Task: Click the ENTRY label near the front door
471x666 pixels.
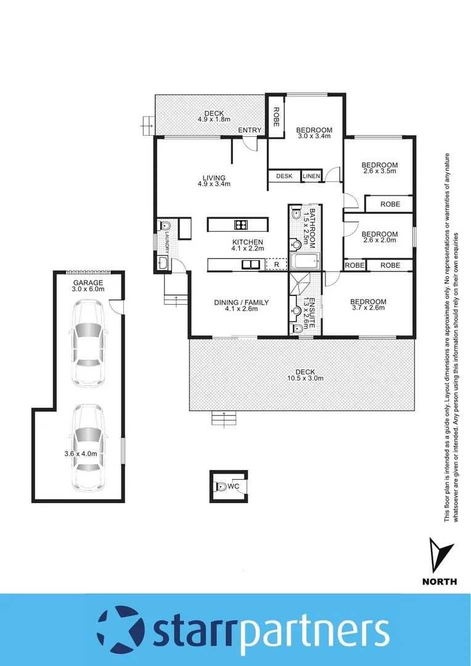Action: (x=250, y=130)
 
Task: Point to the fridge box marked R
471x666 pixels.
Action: (x=276, y=265)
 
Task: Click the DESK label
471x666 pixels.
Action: (x=284, y=176)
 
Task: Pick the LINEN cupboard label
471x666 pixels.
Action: (x=311, y=176)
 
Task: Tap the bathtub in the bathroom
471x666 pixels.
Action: (x=305, y=261)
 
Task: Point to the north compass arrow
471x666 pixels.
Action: (x=439, y=554)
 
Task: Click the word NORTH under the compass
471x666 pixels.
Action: (x=439, y=581)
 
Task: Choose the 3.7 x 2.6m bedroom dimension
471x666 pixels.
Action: (x=368, y=308)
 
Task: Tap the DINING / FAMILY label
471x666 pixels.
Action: (x=241, y=302)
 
